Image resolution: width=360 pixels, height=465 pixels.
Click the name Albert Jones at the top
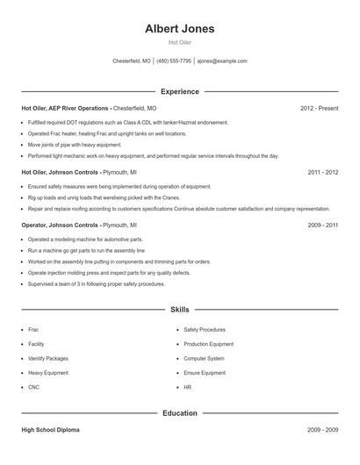tap(179, 29)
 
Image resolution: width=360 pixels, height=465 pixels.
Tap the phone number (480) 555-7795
tap(174, 61)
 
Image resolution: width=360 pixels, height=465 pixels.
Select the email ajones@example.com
tap(222, 61)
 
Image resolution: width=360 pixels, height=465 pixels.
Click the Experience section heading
tap(179, 91)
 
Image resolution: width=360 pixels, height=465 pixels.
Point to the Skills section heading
tap(179, 309)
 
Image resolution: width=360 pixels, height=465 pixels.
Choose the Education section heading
tap(179, 412)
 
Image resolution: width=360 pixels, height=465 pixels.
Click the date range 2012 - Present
tap(319, 108)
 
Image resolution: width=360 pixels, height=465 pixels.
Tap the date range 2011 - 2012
tap(323, 172)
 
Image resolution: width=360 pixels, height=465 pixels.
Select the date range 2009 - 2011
tap(323, 225)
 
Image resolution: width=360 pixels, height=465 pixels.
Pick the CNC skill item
tap(34, 386)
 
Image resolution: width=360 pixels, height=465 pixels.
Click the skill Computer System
tap(204, 358)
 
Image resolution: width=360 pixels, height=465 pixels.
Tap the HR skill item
tap(188, 386)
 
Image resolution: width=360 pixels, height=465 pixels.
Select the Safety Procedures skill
tap(205, 330)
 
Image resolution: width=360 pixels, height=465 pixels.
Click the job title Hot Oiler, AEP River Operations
tap(65, 108)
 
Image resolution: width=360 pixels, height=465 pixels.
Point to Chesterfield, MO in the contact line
tap(132, 61)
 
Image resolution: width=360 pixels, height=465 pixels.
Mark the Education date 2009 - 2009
tap(323, 431)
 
